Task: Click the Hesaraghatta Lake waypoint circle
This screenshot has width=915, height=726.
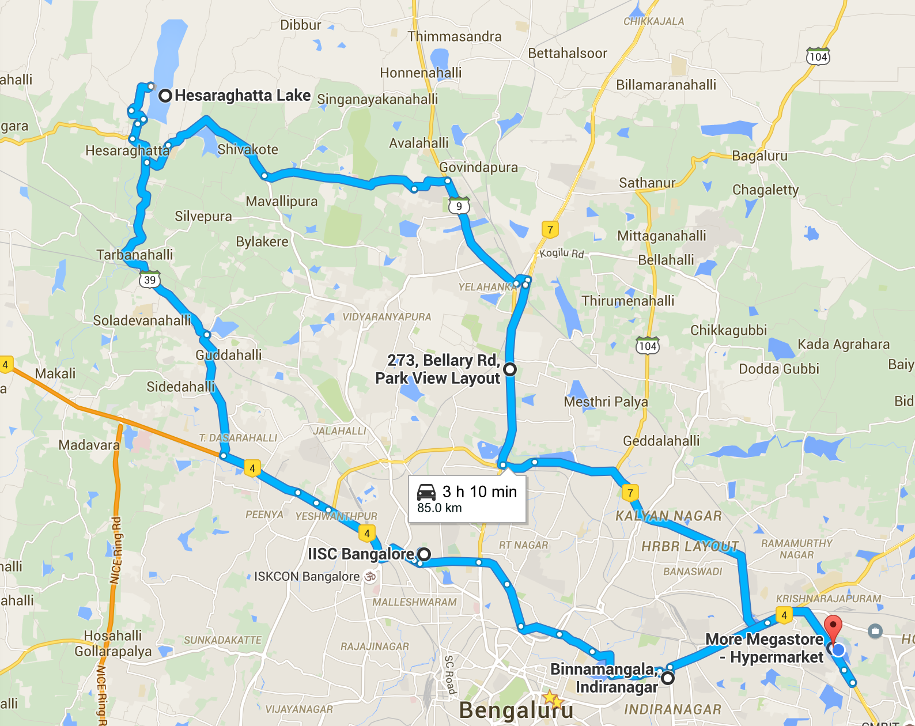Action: (165, 96)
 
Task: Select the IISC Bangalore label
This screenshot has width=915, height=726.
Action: (360, 554)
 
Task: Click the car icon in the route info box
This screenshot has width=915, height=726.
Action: (426, 492)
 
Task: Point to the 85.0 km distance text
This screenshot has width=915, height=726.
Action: (440, 508)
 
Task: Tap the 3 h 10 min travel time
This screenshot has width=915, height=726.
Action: (479, 491)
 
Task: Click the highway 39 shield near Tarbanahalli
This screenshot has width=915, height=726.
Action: (150, 279)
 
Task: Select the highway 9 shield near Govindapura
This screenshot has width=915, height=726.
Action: (459, 206)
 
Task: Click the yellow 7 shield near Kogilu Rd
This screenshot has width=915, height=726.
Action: (550, 230)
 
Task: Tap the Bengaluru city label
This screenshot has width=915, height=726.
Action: (516, 710)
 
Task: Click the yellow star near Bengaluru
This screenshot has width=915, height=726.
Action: (551, 698)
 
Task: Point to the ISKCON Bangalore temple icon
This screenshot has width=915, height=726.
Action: (370, 576)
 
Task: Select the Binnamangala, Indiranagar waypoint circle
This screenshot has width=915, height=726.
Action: (668, 678)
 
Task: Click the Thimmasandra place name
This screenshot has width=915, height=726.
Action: (455, 37)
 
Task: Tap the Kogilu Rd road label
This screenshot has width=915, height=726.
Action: (562, 253)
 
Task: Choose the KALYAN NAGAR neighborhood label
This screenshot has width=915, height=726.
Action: (668, 516)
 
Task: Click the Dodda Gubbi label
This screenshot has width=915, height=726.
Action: (779, 369)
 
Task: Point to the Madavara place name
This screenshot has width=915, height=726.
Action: (89, 445)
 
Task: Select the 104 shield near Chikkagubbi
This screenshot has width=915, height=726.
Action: (648, 346)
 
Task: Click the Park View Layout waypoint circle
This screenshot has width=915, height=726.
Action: (510, 369)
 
